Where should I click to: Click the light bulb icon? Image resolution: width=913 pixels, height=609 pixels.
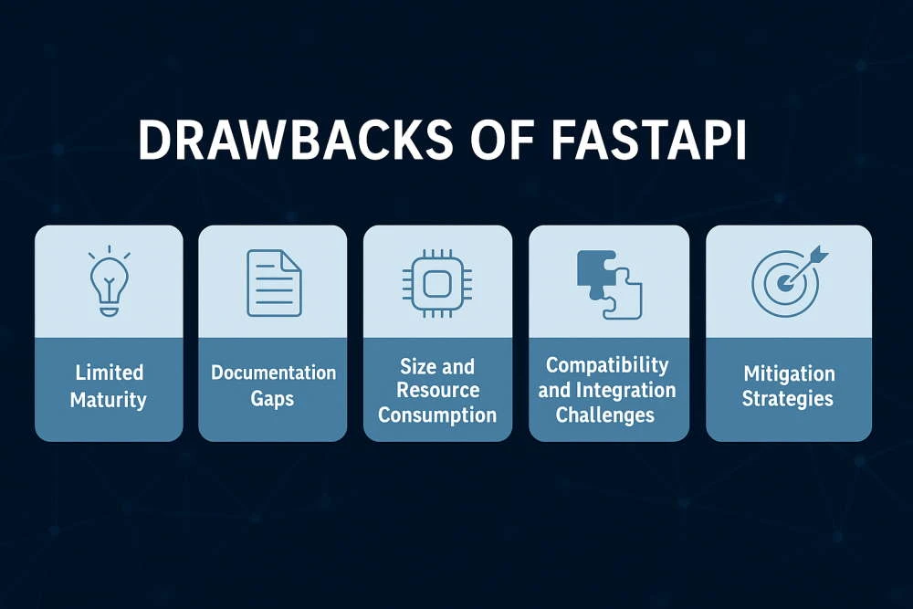pos(109,282)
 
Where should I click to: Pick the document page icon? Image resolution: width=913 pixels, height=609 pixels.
pos(273,283)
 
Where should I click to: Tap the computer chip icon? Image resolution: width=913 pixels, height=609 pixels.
pos(437,283)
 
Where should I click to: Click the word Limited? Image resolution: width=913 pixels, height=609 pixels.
pos(109,373)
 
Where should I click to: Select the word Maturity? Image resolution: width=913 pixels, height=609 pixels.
pos(109,399)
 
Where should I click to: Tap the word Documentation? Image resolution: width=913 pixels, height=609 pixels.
pos(273,373)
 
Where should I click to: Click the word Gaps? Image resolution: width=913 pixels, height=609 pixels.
pos(273,399)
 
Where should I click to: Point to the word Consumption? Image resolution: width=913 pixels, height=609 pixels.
pos(437,415)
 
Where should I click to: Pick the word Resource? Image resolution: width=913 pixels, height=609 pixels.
pos(437,391)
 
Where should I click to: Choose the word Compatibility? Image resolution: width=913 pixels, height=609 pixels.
pos(607,365)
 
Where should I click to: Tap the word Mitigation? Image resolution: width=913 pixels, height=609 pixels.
pos(788,373)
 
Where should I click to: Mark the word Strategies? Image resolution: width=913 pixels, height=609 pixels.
pos(788,399)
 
